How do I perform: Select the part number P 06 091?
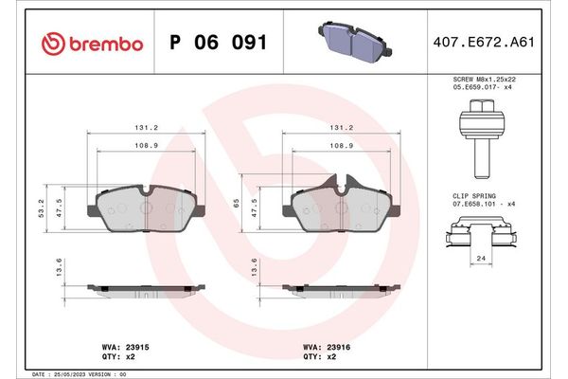coord(217,44)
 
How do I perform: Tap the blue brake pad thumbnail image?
coord(347,42)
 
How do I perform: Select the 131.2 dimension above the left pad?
coord(146,126)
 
